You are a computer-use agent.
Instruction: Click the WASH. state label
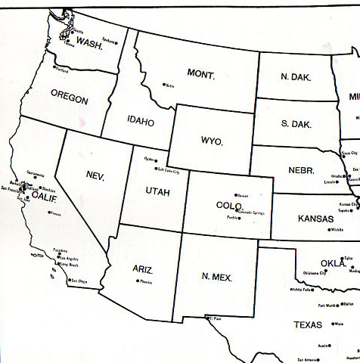[90, 44]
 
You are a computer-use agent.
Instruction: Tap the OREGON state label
[69, 98]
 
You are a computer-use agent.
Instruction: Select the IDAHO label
[141, 121]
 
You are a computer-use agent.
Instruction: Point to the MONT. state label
[202, 75]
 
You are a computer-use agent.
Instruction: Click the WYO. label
[212, 141]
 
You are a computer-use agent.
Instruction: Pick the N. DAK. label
[295, 76]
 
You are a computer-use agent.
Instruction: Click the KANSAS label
[315, 219]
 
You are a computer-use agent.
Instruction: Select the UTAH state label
[158, 192]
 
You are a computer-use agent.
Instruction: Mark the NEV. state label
[95, 175]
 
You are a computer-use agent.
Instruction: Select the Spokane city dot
[119, 41]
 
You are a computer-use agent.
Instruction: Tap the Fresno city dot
[50, 213]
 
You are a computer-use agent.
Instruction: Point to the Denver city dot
[235, 196]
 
